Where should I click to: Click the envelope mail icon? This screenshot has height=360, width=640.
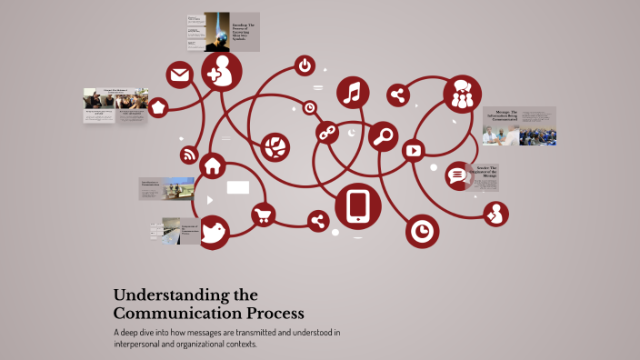(178, 75)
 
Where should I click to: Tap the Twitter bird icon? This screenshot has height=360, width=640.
(214, 232)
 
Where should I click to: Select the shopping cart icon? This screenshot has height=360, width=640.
(265, 215)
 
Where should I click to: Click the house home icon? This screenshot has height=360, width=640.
(213, 166)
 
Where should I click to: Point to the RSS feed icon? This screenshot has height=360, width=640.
(189, 155)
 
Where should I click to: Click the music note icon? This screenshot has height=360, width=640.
(354, 92)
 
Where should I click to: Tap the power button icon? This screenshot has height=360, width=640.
(305, 65)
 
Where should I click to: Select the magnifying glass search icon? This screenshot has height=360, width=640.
(384, 136)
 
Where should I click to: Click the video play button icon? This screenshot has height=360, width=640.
(414, 151)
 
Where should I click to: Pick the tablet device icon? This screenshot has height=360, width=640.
(358, 205)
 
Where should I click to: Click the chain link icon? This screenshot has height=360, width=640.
(326, 133)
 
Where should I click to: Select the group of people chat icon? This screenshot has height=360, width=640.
(462, 95)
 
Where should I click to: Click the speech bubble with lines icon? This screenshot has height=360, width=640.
(456, 175)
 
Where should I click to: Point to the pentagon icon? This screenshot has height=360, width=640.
(158, 107)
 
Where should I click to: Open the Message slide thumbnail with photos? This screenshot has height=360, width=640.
(518, 126)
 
